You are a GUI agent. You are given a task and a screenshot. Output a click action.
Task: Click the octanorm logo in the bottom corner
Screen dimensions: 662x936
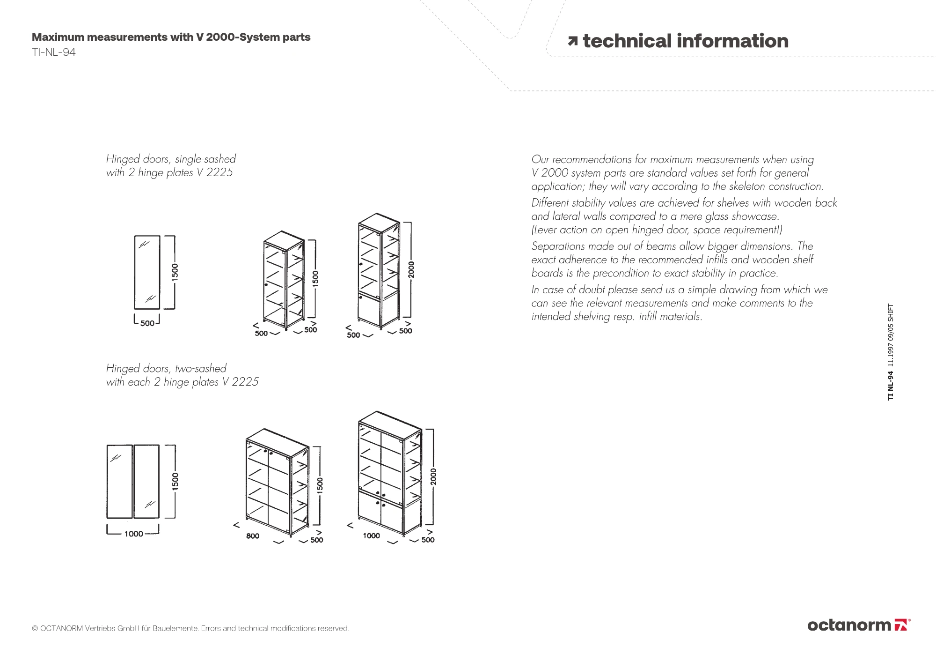coord(858,625)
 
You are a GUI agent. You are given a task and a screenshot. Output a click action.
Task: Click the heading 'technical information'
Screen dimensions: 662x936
coord(685,41)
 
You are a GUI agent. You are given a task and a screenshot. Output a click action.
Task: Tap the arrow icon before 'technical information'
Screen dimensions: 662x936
coord(572,42)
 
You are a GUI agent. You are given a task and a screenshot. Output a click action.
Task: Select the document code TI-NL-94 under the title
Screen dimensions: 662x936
coord(53,52)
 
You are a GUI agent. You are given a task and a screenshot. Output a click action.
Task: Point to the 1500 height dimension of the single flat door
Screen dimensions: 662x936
coord(175,273)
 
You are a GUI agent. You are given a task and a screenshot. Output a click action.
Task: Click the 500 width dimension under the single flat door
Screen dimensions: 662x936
coord(147,323)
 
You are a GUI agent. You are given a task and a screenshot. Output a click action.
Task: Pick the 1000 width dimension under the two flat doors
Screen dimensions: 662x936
coord(133,534)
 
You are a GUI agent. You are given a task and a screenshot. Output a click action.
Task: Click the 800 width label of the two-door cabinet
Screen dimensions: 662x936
coord(253,536)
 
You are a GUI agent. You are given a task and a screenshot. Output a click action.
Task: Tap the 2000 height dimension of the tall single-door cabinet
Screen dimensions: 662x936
coord(411,269)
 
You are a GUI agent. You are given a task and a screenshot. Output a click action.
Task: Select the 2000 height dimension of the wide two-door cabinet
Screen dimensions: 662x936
coord(433,477)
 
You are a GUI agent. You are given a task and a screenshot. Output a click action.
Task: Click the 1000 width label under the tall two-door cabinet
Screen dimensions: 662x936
coord(371,536)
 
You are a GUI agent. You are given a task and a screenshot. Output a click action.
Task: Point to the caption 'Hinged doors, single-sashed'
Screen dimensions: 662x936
coord(171,159)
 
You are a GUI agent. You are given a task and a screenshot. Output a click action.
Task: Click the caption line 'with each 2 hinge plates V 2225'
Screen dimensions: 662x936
coord(182,382)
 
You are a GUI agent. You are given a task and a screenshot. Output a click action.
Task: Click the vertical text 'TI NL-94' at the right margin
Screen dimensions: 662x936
coord(891,386)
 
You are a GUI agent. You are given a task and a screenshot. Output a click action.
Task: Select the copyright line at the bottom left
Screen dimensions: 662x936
coord(190,628)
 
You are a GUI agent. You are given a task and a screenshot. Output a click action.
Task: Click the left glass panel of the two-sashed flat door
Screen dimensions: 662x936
coord(119,481)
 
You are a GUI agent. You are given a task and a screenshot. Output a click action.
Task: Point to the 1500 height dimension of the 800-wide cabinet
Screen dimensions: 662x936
coord(320,485)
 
